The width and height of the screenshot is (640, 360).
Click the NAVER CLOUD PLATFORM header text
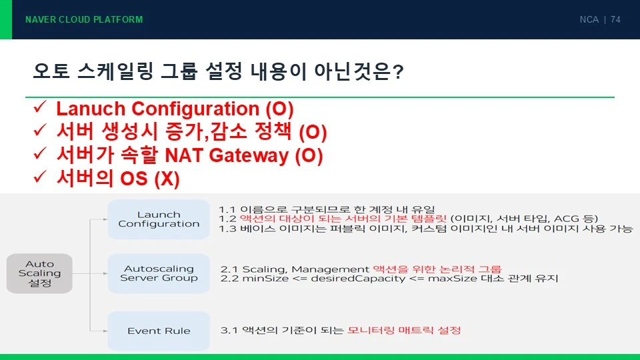click(x=84, y=19)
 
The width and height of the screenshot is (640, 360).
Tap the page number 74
click(x=615, y=19)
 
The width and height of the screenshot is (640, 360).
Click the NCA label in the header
click(x=589, y=19)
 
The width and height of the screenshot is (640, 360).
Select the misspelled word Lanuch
click(x=91, y=109)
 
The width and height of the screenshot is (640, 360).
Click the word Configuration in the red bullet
click(x=195, y=109)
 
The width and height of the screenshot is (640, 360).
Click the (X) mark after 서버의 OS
click(x=167, y=179)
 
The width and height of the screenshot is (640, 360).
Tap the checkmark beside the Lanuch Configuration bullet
click(x=40, y=107)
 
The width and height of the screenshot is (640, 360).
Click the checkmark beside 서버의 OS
click(x=40, y=177)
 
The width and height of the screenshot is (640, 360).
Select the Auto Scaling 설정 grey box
click(x=39, y=273)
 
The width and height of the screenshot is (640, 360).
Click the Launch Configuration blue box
click(x=159, y=219)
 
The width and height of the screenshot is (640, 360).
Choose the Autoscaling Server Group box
click(x=159, y=273)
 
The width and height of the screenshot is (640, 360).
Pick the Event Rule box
click(x=159, y=331)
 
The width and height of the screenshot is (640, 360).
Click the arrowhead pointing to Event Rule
click(x=105, y=331)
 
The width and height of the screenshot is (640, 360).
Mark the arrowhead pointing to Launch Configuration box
click(x=105, y=219)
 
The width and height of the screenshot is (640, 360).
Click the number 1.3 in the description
click(x=227, y=229)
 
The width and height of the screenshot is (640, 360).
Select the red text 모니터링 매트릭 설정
click(x=404, y=330)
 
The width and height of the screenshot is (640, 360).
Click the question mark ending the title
click(x=397, y=72)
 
